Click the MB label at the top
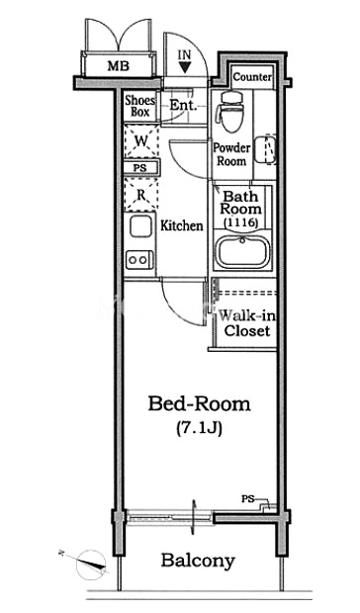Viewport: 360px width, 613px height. click(x=118, y=65)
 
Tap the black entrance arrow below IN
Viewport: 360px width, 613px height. click(x=185, y=67)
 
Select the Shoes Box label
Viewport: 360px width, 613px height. click(x=139, y=106)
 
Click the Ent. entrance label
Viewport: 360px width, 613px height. click(x=183, y=105)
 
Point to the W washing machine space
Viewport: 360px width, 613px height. click(x=141, y=141)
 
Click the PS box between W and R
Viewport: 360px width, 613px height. click(x=140, y=168)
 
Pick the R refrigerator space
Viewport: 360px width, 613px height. click(x=141, y=194)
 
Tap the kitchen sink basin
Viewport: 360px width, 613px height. click(x=140, y=226)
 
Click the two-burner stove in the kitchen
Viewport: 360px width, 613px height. click(x=139, y=260)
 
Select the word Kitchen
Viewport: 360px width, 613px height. click(x=182, y=225)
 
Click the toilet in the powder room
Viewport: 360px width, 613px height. click(x=229, y=112)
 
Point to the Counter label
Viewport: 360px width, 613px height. click(x=252, y=77)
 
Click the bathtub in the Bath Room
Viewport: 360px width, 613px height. click(x=243, y=252)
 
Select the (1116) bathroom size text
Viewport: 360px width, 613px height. click(x=240, y=222)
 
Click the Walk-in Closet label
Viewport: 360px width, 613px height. click(x=246, y=323)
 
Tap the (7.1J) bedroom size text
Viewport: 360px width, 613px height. click(x=200, y=428)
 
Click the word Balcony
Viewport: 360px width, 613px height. click(x=198, y=561)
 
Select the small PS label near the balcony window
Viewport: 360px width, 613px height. click(x=247, y=499)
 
